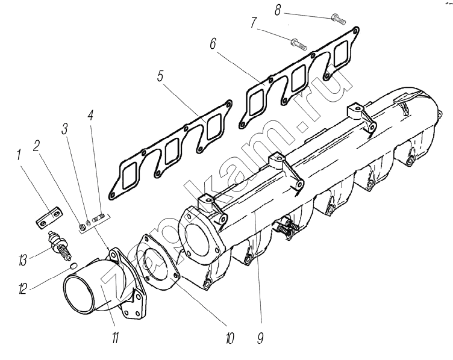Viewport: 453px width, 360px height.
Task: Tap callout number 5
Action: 161,76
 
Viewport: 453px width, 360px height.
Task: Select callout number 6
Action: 213,44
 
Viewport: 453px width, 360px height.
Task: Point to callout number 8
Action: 278,11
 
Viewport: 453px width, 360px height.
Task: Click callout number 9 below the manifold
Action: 261,338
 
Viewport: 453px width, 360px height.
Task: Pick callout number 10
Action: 230,338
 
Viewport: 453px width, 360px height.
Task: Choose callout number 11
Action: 115,337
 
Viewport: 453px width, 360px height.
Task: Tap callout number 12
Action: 22,288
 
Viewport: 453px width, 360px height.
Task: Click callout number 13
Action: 22,260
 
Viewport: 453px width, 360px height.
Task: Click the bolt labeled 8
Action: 338,17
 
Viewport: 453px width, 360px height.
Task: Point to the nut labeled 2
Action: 82,226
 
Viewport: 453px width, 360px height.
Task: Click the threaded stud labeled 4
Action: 98,218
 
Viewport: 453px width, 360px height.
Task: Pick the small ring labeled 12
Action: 73,265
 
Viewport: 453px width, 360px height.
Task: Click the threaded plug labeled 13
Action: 60,245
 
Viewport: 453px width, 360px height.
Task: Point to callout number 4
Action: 90,116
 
